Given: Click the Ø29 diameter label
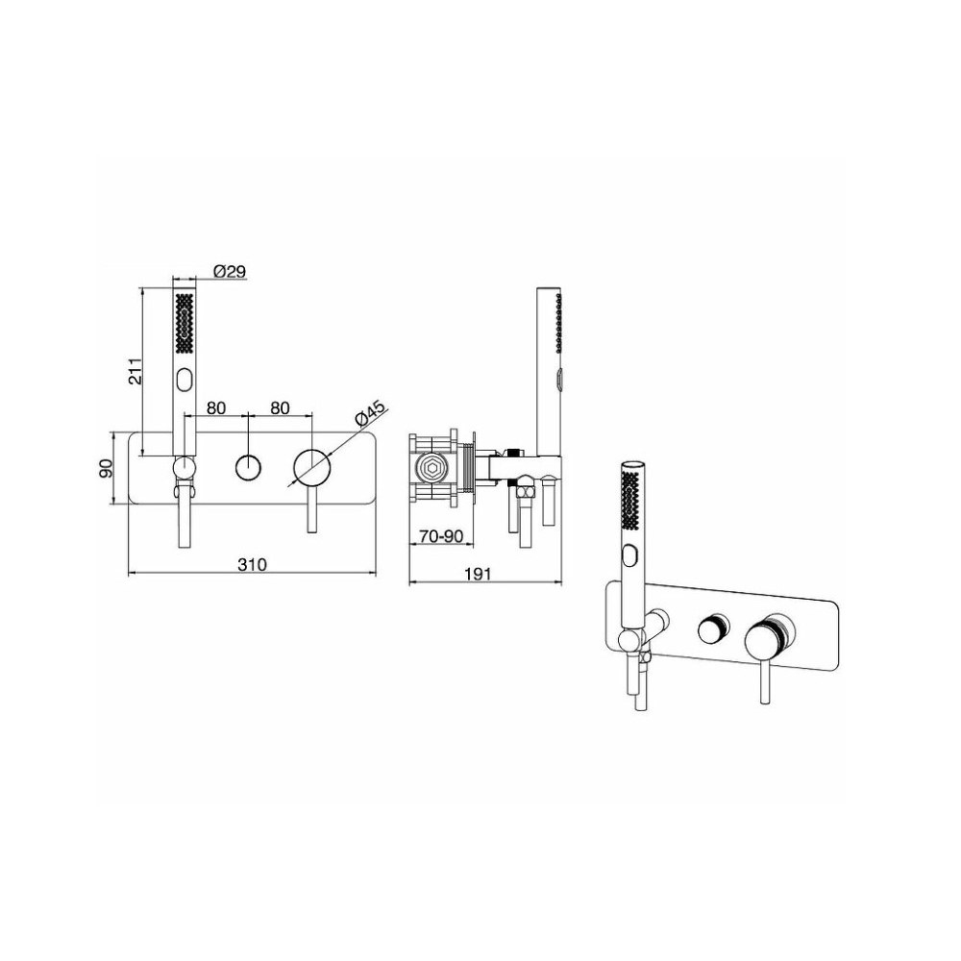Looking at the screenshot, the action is tap(230, 272).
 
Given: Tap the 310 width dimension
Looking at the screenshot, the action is tap(252, 564).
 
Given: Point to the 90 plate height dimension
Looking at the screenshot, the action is tap(106, 469).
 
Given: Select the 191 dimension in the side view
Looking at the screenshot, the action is tap(478, 574).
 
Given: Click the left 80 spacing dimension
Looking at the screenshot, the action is tap(215, 407).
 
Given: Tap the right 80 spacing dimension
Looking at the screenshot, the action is tap(280, 407).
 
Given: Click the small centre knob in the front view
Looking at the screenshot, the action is tap(248, 468).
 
